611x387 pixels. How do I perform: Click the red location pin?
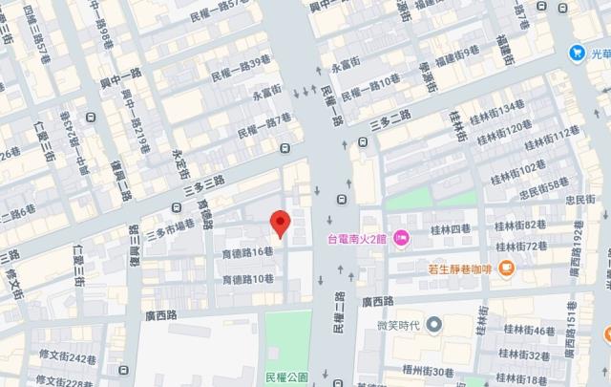[280, 223]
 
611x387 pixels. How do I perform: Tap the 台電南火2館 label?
[358, 239]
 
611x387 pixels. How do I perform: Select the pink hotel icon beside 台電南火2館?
[402, 238]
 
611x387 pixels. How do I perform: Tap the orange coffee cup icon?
[507, 269]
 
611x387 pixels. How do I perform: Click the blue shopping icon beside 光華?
[577, 52]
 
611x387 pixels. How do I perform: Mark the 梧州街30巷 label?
[427, 372]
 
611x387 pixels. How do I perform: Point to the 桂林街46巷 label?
[530, 332]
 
